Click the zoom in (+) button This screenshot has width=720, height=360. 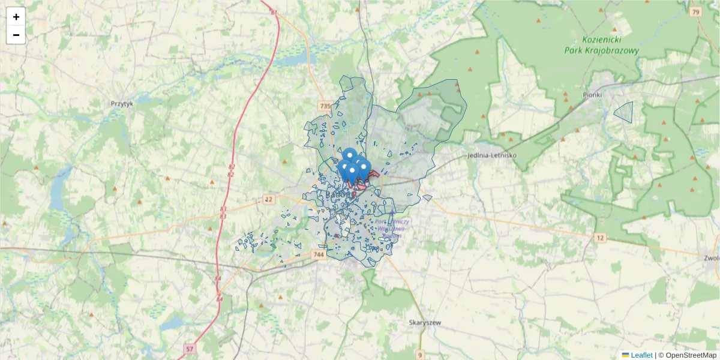[16, 17]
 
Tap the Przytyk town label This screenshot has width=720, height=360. [122, 103]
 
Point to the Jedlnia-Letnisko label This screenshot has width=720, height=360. [491, 155]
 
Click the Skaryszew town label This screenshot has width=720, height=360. [425, 322]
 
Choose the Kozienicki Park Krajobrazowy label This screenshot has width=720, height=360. [602, 46]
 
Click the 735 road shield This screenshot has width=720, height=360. [325, 106]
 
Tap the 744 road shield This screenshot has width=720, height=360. [319, 255]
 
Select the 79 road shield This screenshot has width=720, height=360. [695, 12]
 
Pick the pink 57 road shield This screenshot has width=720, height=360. [190, 349]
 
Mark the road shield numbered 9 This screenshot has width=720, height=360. [421, 354]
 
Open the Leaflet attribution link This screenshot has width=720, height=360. [641, 355]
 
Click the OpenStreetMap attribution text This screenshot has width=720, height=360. [691, 355]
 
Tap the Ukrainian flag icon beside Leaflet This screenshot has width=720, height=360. [625, 355]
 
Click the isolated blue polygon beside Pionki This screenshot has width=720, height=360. [625, 112]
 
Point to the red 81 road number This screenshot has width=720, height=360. [275, 13]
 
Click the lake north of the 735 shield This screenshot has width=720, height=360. [291, 60]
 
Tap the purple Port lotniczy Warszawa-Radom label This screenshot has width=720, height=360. [393, 229]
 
